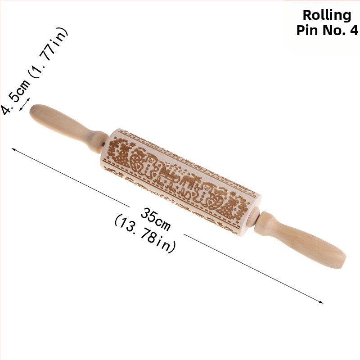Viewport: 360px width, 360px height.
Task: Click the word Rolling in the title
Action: tap(327, 15)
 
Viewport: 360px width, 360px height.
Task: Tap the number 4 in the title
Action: tap(354, 30)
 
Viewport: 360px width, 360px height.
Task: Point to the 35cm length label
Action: tap(155, 219)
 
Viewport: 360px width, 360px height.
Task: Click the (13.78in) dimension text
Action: tap(145, 234)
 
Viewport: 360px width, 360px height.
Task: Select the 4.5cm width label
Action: tap(15, 97)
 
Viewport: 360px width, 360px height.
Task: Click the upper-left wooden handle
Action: tap(68, 128)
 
